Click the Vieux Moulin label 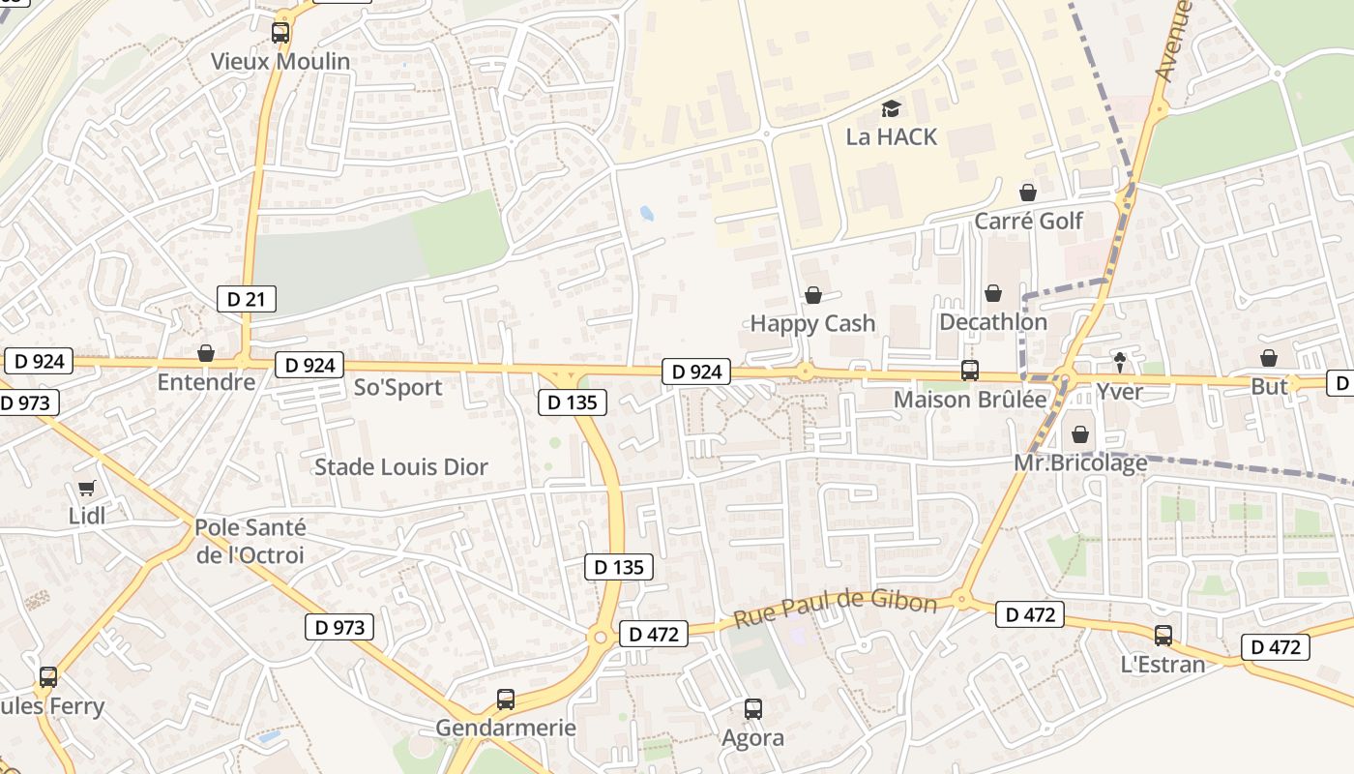(x=280, y=61)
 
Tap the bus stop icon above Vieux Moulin (x=280, y=33)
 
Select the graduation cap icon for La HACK (x=891, y=108)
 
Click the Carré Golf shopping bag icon (x=1028, y=193)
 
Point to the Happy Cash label (x=812, y=323)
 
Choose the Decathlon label (x=993, y=322)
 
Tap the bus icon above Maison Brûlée (x=969, y=371)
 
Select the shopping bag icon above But (x=1269, y=358)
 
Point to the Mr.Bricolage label (x=1080, y=462)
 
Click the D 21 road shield (x=246, y=299)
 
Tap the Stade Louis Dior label (x=401, y=466)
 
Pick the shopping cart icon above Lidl (x=87, y=489)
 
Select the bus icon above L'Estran (x=1163, y=636)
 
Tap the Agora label (x=753, y=738)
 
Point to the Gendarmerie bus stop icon (x=506, y=699)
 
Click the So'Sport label (x=398, y=387)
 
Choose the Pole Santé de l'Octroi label (x=250, y=542)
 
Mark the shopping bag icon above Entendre (x=206, y=353)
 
